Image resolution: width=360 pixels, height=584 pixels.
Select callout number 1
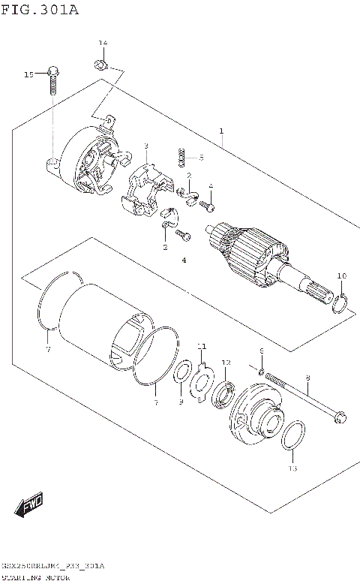coord(221,131)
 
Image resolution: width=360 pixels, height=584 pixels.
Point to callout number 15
coord(29,74)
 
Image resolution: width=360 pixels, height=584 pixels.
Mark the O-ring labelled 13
coord(294,437)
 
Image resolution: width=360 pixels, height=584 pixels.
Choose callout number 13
coord(292,468)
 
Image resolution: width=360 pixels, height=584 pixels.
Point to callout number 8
coord(307,378)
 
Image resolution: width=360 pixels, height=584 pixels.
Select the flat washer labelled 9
coord(181,375)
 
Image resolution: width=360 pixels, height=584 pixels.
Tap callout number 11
coord(201,346)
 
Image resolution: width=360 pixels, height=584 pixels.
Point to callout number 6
coord(262,351)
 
